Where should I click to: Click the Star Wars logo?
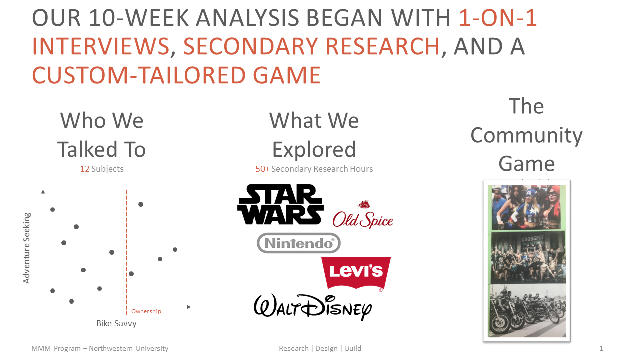point(280,204)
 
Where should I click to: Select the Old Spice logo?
point(363,216)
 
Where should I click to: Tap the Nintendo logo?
point(299,243)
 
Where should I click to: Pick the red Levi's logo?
point(356,272)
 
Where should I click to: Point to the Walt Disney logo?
point(313,305)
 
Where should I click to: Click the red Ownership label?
point(146,311)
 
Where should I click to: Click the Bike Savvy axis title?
point(116,323)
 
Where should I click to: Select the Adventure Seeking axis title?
point(27,248)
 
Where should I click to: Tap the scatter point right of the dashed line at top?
point(141,204)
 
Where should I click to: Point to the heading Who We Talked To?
point(101,135)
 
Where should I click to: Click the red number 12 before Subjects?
point(85,169)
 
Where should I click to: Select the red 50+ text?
point(262,169)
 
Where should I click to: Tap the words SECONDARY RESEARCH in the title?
point(311,46)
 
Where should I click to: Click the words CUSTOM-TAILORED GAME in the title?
point(176,75)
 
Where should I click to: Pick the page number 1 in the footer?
point(601,348)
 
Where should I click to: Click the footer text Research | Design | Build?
point(320,348)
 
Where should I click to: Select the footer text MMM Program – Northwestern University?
point(100,348)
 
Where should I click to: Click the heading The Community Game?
point(526,135)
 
